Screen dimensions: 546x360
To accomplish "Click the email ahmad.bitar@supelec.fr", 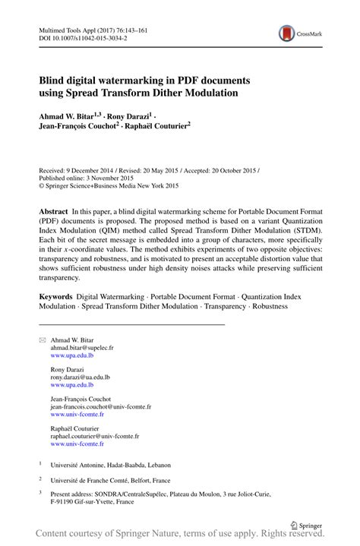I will (x=81, y=347).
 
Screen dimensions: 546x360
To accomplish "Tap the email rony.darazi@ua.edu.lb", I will (x=80, y=376).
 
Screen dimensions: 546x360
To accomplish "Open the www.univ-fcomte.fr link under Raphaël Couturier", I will (x=77, y=444).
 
